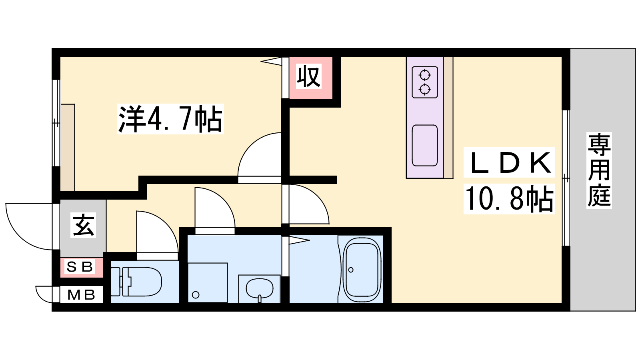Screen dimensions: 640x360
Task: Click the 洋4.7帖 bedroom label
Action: (x=170, y=119)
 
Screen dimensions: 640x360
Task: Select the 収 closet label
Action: (x=308, y=76)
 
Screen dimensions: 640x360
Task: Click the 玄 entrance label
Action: (x=83, y=226)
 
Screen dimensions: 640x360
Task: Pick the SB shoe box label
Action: (x=80, y=267)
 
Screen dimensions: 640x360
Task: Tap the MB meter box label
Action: (x=81, y=294)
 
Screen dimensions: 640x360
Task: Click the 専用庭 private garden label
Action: (x=599, y=170)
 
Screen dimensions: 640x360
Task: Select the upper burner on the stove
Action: (x=425, y=76)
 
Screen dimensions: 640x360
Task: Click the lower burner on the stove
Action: (x=425, y=90)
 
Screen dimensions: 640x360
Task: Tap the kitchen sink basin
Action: (x=425, y=146)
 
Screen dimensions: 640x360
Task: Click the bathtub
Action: (x=362, y=270)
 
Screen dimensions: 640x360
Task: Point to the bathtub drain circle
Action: (x=351, y=270)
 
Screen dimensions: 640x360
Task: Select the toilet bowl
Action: (x=141, y=282)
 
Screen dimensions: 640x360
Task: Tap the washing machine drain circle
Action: (x=196, y=294)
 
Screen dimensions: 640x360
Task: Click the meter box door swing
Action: (x=40, y=298)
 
